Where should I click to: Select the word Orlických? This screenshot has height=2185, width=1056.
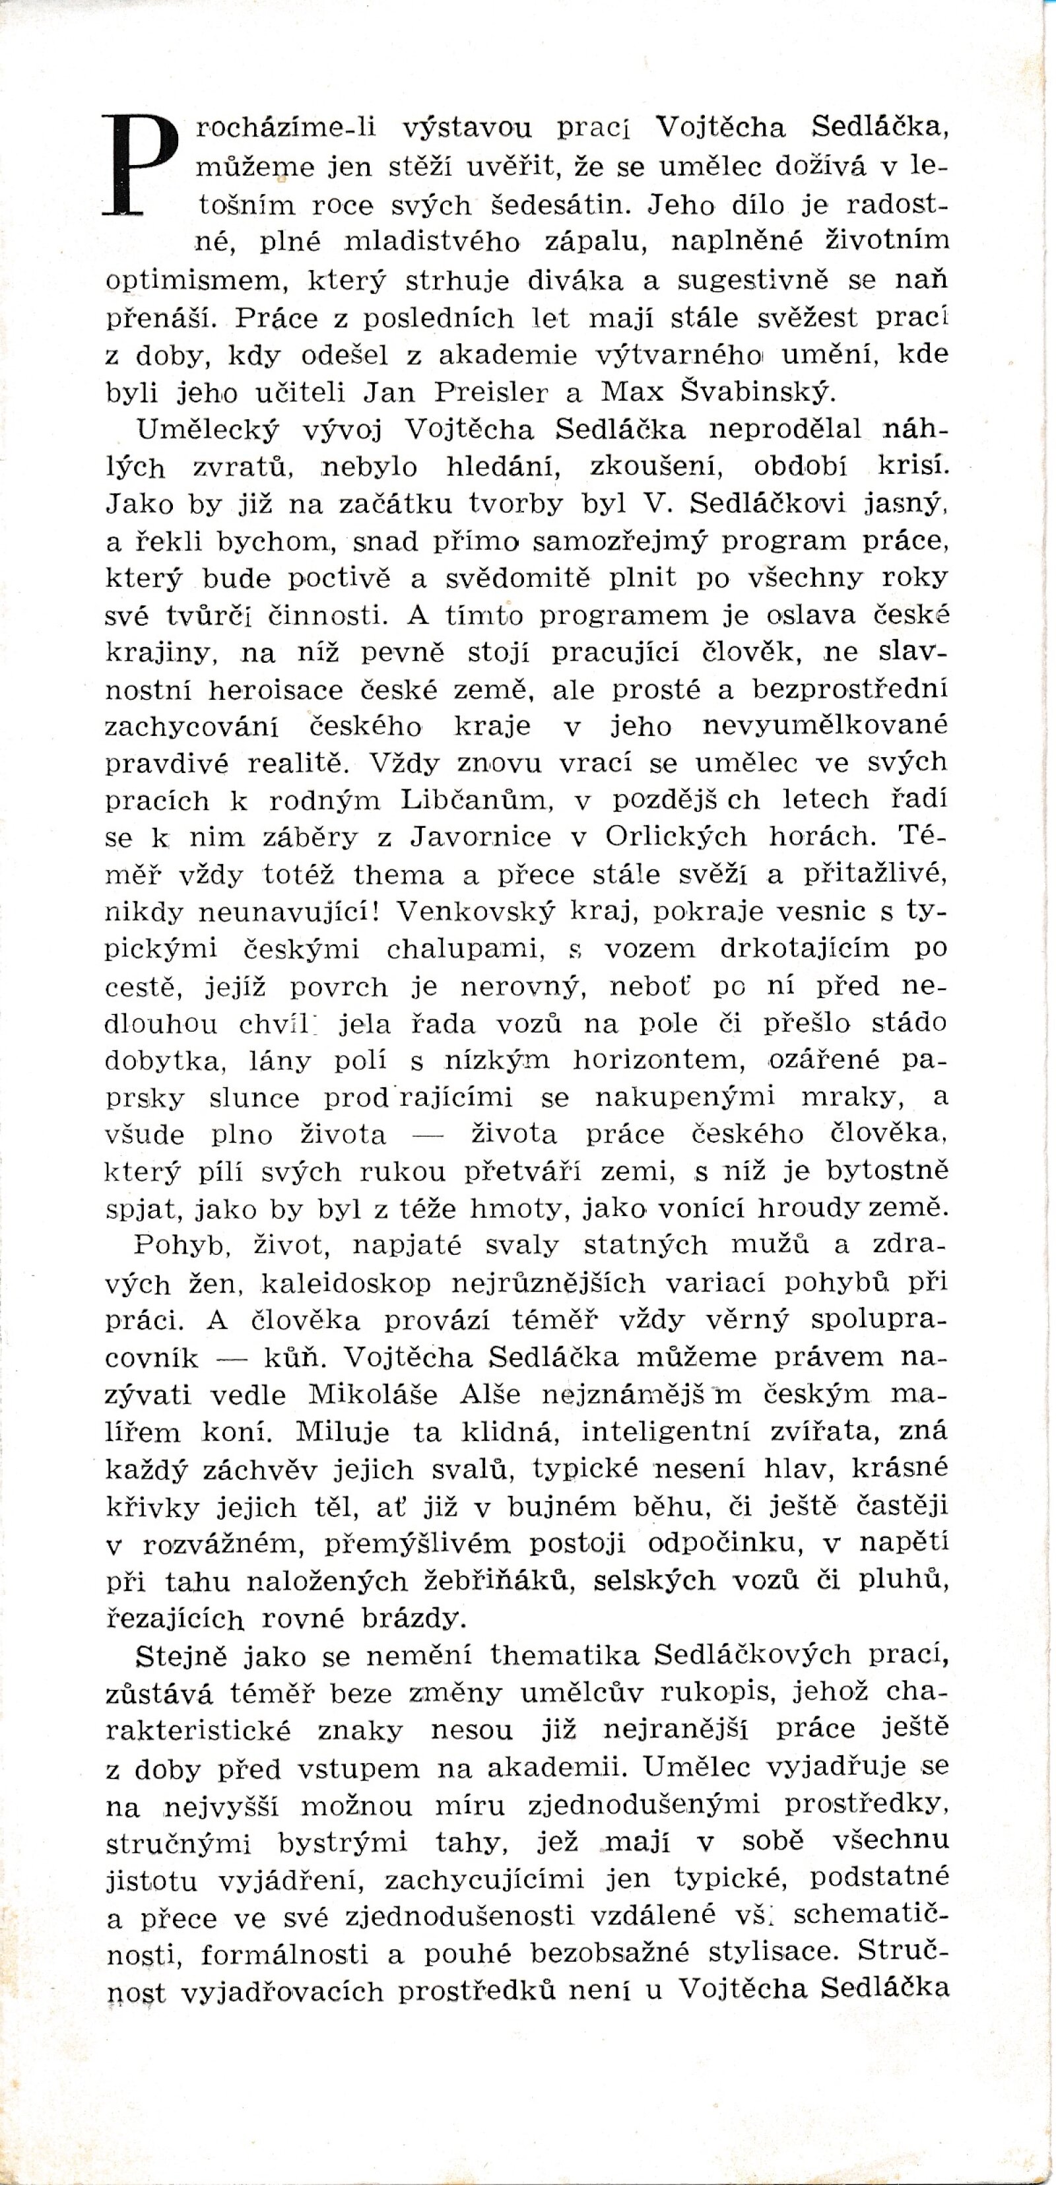676,837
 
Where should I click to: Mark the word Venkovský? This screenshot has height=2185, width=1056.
475,912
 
